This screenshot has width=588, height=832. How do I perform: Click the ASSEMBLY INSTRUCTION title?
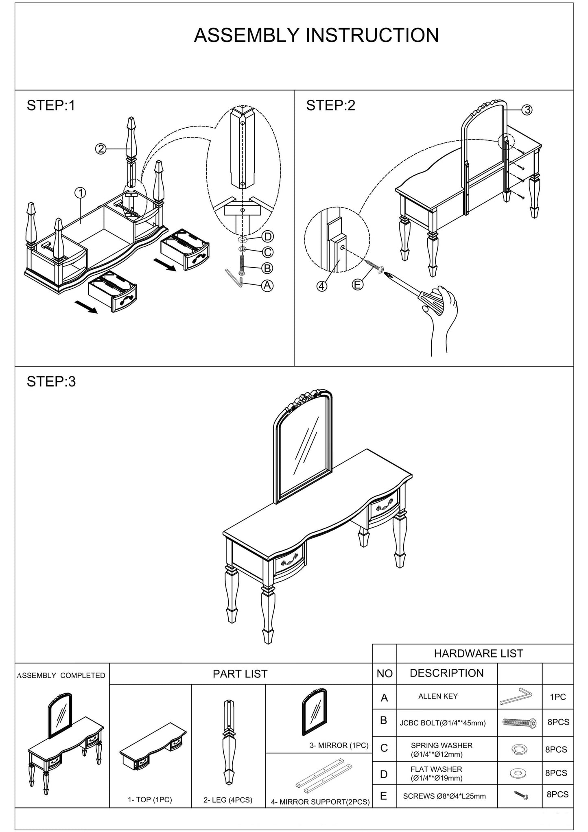[x=316, y=35]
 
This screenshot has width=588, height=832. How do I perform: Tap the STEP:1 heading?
[x=51, y=106]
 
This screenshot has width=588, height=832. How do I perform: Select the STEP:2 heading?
[x=330, y=106]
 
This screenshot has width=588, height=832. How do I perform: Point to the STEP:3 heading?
[x=51, y=382]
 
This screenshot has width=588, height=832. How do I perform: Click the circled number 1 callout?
[x=80, y=192]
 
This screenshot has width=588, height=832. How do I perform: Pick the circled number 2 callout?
[x=101, y=149]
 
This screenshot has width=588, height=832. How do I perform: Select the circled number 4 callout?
[x=321, y=286]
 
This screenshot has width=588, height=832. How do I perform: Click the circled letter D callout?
[x=267, y=236]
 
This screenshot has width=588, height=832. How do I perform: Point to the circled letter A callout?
[x=267, y=286]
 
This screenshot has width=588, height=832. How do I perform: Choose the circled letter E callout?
[x=357, y=285]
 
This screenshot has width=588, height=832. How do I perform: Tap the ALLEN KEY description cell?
[x=438, y=696]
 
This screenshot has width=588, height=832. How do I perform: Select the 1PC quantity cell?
[x=557, y=697]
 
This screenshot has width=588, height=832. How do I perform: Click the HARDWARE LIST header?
[x=478, y=653]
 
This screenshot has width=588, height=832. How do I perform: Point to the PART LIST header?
[x=240, y=674]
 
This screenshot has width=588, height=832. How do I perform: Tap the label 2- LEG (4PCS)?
[x=228, y=800]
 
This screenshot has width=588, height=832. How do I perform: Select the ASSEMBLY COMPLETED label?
[x=61, y=675]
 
